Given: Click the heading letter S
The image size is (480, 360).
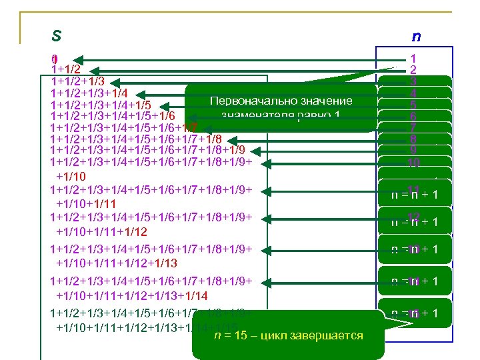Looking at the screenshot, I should [x=57, y=35].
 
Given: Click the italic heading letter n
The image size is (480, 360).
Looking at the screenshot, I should [x=416, y=36].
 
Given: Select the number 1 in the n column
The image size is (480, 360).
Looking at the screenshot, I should [x=414, y=59].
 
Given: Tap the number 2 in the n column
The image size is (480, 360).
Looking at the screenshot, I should [x=414, y=70].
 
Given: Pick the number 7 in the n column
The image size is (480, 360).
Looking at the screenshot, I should [x=414, y=127].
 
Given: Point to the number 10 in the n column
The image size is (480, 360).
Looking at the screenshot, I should [x=414, y=162].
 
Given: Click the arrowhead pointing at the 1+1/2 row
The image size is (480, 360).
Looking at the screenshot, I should [x=95, y=69].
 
